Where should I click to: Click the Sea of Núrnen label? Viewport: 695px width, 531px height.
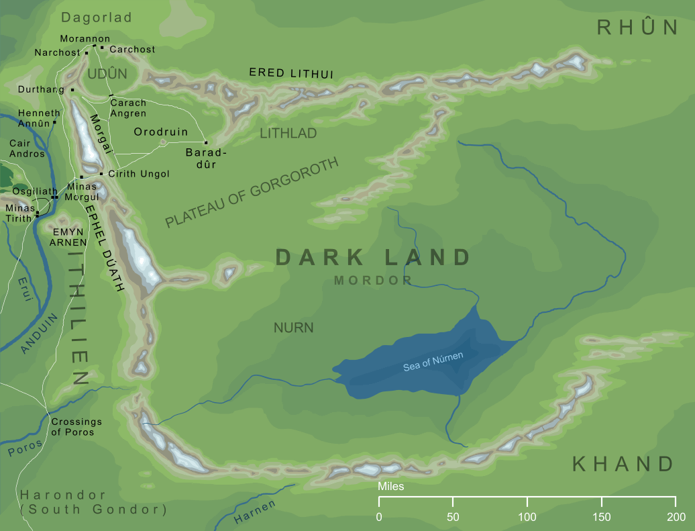[433, 362]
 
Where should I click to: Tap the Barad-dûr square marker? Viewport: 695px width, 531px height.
[206, 142]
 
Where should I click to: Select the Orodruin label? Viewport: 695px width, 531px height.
[160, 132]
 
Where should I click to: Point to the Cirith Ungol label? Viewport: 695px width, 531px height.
[139, 174]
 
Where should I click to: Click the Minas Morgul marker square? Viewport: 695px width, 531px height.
[81, 177]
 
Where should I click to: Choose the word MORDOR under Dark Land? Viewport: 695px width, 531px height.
[372, 281]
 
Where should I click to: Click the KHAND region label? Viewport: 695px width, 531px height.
[622, 464]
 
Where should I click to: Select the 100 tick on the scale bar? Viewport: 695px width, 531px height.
[527, 501]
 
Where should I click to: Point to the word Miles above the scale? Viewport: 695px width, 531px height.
[391, 486]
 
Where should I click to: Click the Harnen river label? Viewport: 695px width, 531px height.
[254, 513]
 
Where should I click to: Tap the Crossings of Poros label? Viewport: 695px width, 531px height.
[76, 427]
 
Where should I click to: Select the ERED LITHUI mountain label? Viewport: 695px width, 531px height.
[291, 73]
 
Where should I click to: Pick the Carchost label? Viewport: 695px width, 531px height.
[132, 49]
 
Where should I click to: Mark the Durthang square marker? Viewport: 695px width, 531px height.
[72, 89]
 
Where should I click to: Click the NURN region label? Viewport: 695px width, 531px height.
[293, 328]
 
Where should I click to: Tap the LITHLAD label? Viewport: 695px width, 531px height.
[288, 134]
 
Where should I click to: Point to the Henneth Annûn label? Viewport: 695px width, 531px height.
[38, 118]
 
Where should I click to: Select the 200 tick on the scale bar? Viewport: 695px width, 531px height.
[676, 501]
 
